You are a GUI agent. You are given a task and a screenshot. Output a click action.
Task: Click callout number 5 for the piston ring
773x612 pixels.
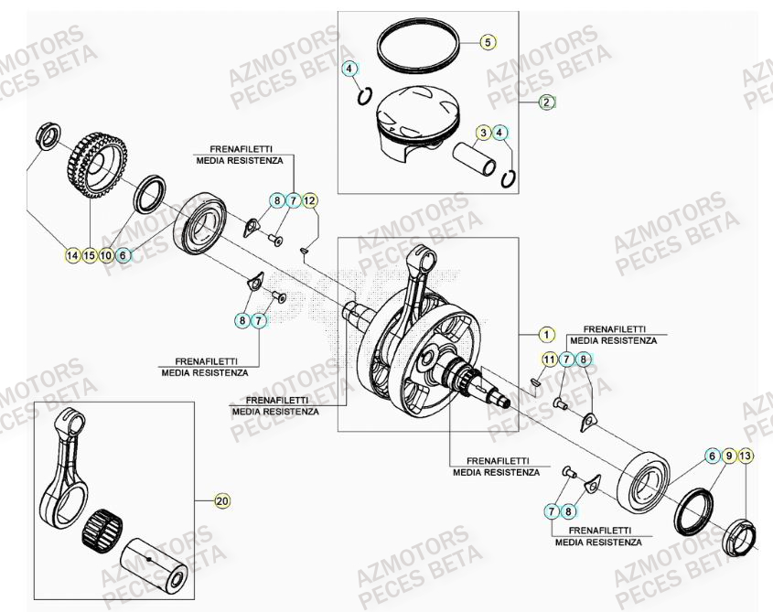[488, 42]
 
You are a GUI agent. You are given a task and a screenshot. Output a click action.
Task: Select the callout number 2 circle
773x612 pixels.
[546, 102]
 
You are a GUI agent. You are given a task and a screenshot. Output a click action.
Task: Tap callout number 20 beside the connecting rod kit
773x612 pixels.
[221, 500]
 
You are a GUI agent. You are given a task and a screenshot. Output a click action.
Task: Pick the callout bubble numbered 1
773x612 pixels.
[546, 334]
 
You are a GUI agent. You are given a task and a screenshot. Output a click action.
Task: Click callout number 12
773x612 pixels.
[310, 200]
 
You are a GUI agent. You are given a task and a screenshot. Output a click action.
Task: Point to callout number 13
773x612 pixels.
[746, 456]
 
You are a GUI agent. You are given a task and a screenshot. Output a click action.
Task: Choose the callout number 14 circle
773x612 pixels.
[72, 255]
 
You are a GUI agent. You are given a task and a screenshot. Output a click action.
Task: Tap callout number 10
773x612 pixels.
[106, 255]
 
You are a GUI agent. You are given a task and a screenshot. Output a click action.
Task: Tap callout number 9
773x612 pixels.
[729, 456]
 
